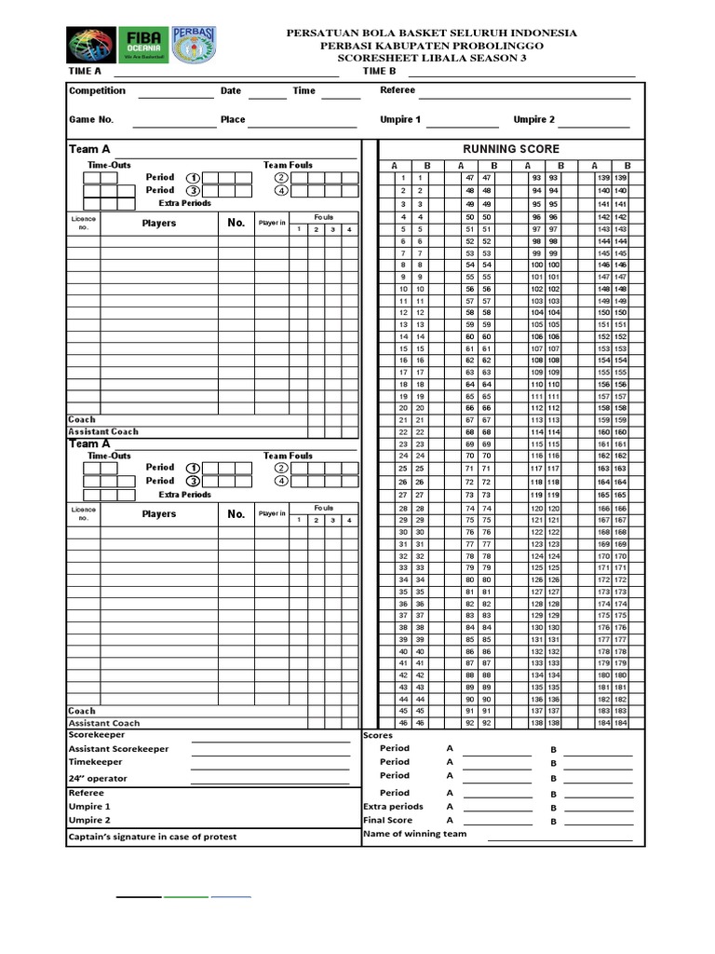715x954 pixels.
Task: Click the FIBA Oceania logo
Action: [143, 45]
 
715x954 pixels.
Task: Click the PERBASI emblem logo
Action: [194, 45]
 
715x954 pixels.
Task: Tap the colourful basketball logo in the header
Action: [91, 45]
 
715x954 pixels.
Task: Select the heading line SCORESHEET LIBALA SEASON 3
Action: [431, 58]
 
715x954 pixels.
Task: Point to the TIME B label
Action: [379, 71]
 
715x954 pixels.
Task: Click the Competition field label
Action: [97, 91]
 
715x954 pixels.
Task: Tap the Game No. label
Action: [90, 120]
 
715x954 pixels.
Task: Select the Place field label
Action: [233, 120]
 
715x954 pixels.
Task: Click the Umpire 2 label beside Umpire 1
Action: [533, 120]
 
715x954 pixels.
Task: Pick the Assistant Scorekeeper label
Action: [118, 749]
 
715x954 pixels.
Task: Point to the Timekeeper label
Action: [95, 762]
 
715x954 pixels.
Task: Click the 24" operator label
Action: [98, 779]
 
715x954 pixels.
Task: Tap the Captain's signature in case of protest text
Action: [153, 837]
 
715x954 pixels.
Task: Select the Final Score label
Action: [387, 821]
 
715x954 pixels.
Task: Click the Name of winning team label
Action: [414, 835]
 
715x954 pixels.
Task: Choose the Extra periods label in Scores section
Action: [392, 807]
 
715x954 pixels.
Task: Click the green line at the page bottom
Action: [186, 897]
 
